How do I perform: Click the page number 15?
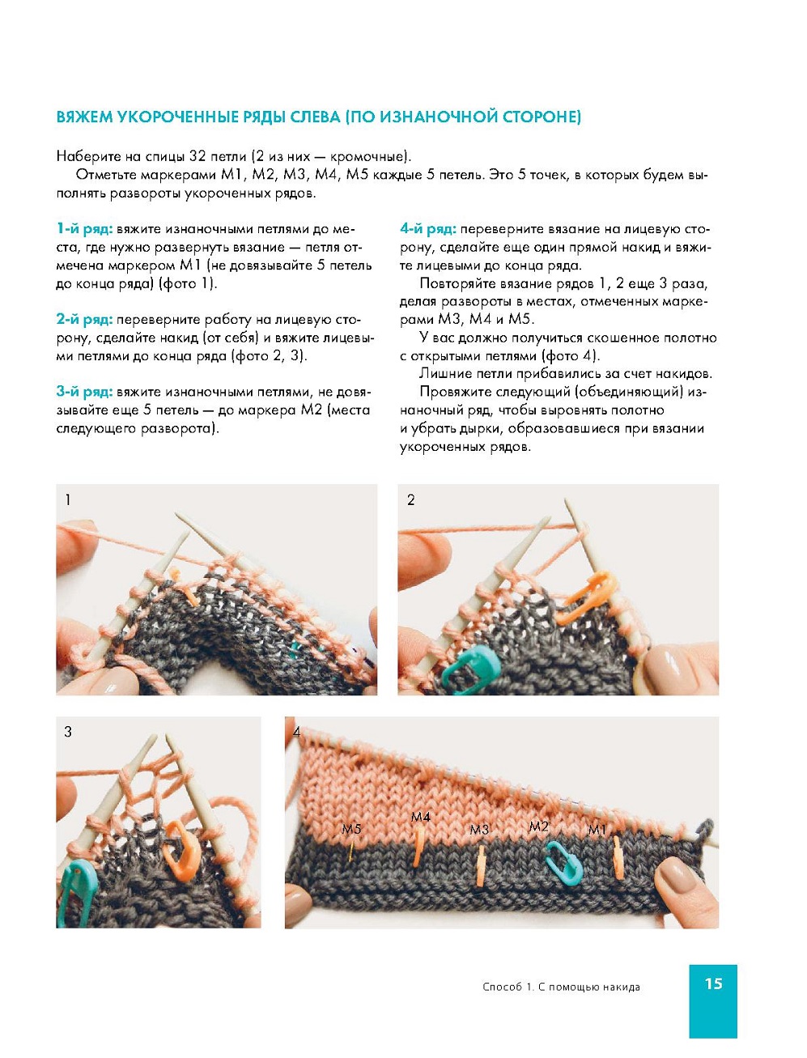713,984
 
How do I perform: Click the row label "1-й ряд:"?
84,229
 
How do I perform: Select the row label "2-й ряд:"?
84,320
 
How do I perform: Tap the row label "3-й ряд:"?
84,392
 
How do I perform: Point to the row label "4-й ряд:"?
428,229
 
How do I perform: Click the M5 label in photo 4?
351,829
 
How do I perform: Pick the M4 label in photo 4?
420,817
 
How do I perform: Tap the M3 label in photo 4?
479,830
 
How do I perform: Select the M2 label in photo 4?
538,826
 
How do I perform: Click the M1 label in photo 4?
597,830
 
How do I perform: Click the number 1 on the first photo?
68,499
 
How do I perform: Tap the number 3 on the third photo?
68,732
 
